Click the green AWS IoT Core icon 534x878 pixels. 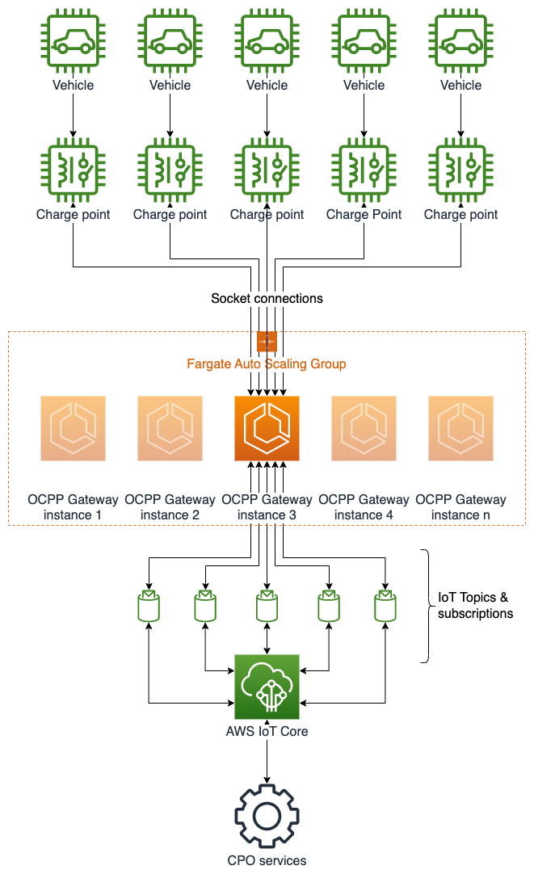point(267,687)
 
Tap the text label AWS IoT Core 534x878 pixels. point(267,732)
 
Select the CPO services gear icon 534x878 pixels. point(267,816)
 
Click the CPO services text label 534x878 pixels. point(267,861)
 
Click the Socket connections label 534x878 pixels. point(267,299)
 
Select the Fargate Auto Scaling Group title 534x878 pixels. point(267,364)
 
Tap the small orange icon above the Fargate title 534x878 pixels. point(267,341)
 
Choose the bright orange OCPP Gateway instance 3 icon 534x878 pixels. point(267,428)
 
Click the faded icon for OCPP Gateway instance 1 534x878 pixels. point(73,428)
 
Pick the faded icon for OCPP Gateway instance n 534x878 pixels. point(460,428)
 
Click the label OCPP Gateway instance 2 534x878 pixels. point(170,507)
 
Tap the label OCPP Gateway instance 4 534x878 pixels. point(364,507)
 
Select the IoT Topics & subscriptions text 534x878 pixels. point(474,606)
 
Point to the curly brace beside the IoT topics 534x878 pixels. point(425,606)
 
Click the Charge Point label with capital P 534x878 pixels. point(364,215)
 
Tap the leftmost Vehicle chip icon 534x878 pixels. point(73,39)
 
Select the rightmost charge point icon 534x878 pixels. point(460,170)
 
